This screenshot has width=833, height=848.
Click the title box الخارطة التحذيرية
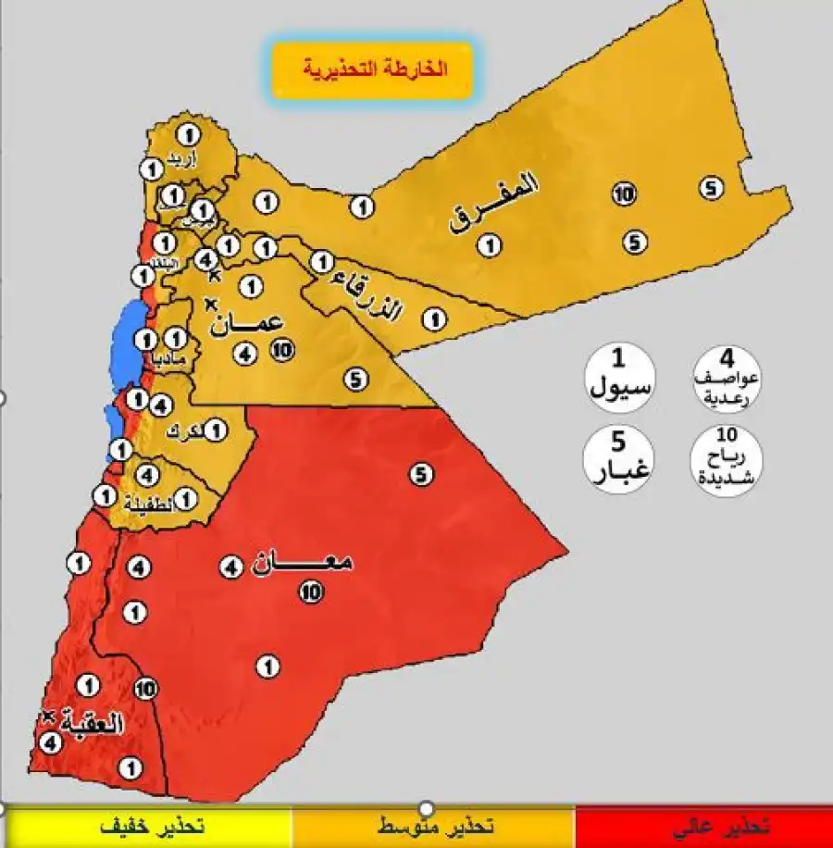click(373, 69)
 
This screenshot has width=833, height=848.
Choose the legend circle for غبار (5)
click(619, 457)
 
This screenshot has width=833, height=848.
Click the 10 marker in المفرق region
click(624, 194)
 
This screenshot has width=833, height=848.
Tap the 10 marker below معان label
click(312, 592)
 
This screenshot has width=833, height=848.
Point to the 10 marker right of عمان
click(283, 350)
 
